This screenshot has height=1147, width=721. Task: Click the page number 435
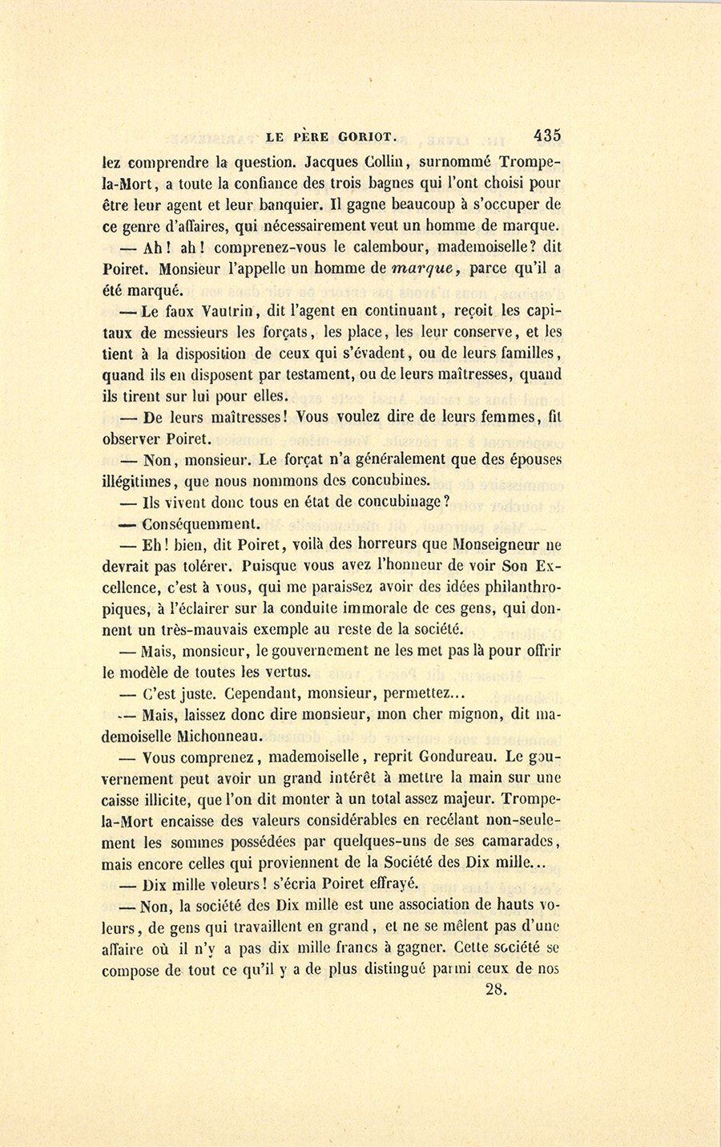[x=544, y=134]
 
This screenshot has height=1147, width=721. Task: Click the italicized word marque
[x=429, y=270]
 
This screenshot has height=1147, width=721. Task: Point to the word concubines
[x=389, y=481]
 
